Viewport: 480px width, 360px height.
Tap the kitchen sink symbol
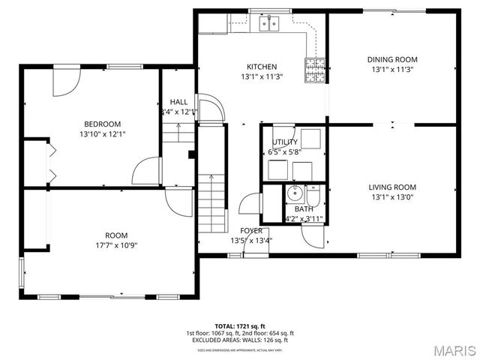[268, 24]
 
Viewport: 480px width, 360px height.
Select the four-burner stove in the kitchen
[314, 69]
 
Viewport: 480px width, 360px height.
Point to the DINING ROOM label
[391, 59]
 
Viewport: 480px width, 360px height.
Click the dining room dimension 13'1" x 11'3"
[391, 70]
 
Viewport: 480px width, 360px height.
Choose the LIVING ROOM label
[391, 187]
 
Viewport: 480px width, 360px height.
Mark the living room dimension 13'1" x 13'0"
[391, 198]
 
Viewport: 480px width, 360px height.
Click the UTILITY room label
[284, 142]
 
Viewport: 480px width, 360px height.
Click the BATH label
[304, 209]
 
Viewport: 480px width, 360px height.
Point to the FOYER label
[250, 230]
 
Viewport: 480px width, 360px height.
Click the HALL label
[178, 102]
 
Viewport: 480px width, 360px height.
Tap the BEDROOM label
[101, 124]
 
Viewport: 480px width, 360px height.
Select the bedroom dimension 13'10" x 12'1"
[101, 134]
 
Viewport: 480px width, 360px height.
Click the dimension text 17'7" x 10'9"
[116, 244]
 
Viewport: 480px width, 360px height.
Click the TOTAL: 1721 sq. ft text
[240, 326]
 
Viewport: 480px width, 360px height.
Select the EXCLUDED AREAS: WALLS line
[240, 340]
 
